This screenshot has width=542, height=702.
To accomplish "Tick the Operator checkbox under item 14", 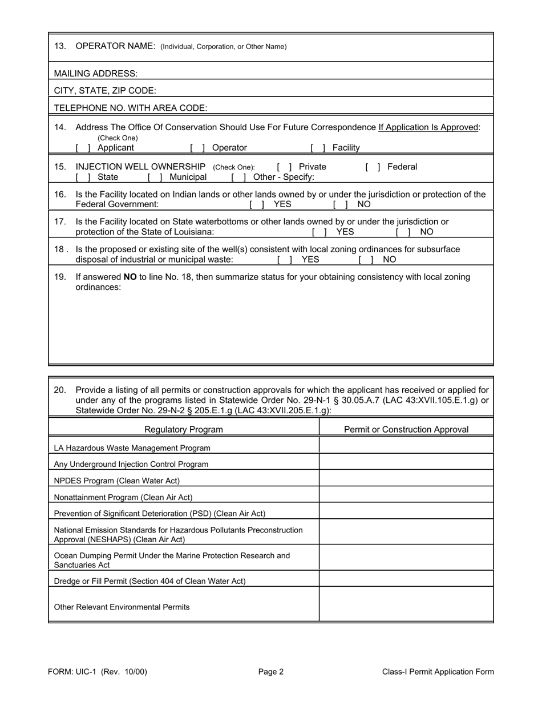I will tap(197, 148).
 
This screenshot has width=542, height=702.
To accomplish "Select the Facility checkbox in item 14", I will tap(318, 148).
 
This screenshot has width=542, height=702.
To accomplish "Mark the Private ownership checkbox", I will tap(284, 167).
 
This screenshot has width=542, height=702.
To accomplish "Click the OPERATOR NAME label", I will tap(115, 46).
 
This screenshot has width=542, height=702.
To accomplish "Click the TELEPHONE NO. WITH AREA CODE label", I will tap(131, 108).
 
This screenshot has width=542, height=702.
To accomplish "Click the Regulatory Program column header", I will tap(184, 429).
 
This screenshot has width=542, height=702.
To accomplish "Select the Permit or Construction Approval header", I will tap(406, 429).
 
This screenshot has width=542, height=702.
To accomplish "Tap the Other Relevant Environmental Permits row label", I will tap(122, 607).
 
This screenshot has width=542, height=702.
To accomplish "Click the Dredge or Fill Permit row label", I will tap(149, 581).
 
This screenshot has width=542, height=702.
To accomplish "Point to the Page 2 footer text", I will tap(270, 672).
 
